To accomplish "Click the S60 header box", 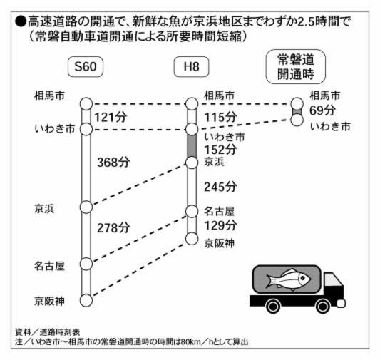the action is pyautogui.click(x=86, y=66).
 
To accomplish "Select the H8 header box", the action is pyautogui.click(x=191, y=66).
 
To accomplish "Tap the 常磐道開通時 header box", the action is pyautogui.click(x=295, y=67).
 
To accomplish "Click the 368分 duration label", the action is pyautogui.click(x=113, y=162).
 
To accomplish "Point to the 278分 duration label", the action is pyautogui.click(x=113, y=227).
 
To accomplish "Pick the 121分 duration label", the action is pyautogui.click(x=111, y=117).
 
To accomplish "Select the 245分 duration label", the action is pyautogui.click(x=220, y=187).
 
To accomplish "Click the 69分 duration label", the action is pyautogui.click(x=322, y=110).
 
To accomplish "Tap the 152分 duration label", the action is pyautogui.click(x=220, y=149).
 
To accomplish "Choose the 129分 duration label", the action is pyautogui.click(x=220, y=225).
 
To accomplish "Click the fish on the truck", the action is pyautogui.click(x=287, y=279).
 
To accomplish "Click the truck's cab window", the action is pyautogui.click(x=331, y=279).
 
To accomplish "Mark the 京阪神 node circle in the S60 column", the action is pyautogui.click(x=86, y=301).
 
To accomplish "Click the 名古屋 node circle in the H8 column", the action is pyautogui.click(x=192, y=212).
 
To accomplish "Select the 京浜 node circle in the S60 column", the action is pyautogui.click(x=86, y=207).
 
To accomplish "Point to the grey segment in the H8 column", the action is pyautogui.click(x=192, y=146).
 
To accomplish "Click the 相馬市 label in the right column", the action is pyautogui.click(x=325, y=96).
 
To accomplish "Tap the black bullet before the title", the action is pyautogui.click(x=21, y=21).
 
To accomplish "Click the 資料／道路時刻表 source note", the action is pyautogui.click(x=48, y=332).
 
